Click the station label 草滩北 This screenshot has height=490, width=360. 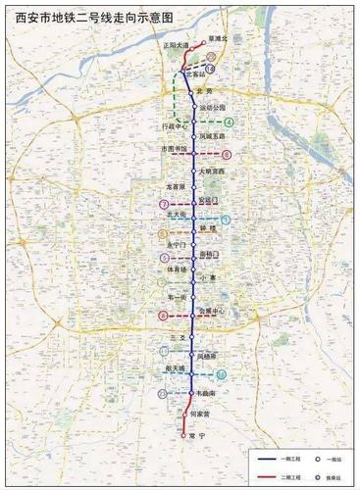coord(218,38)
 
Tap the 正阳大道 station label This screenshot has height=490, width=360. coord(171,45)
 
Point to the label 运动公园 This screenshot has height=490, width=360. coord(212,107)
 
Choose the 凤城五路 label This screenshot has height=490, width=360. coord(213,136)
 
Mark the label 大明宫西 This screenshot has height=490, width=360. coord(212,171)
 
